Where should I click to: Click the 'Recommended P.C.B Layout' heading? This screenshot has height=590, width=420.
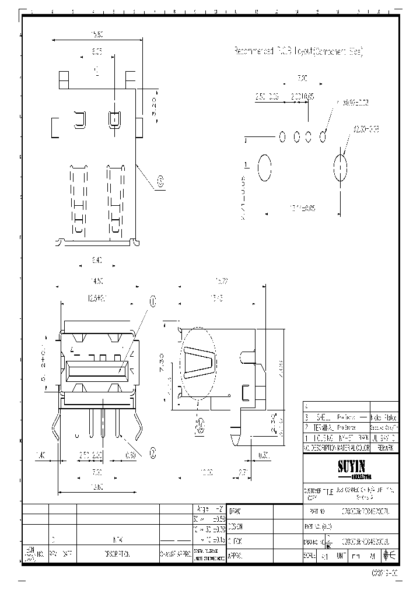(x=298, y=52)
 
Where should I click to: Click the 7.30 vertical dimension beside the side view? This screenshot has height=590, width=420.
(x=169, y=360)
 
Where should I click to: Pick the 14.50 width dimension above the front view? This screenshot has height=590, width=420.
(x=97, y=280)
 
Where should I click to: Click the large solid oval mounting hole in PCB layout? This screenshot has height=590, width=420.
(x=264, y=168)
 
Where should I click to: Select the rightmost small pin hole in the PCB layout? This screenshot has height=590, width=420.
(x=324, y=136)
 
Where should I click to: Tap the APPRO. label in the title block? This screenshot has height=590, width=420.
(x=236, y=556)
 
